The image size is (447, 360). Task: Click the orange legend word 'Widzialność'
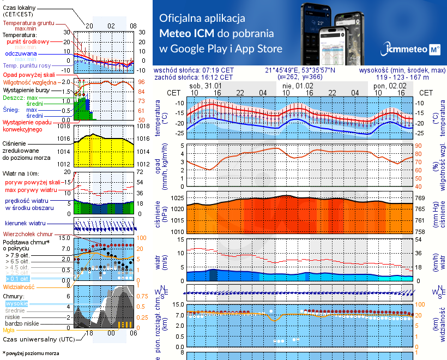(x=19, y=286)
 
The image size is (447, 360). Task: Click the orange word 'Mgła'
(x=9, y=330)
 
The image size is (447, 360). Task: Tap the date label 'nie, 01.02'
(x=298, y=86)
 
